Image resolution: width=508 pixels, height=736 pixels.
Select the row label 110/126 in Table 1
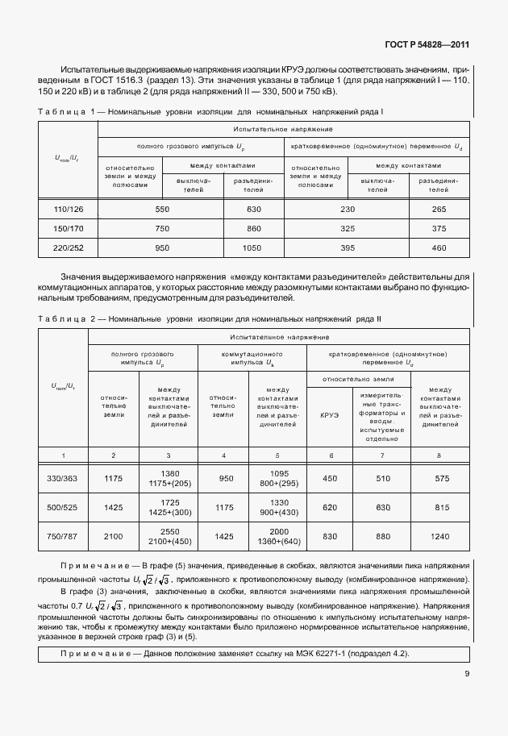coord(69,210)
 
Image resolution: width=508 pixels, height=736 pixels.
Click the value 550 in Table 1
coord(162,210)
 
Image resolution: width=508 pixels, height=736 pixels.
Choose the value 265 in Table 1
coord(439,210)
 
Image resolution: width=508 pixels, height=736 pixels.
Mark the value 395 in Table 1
coord(348,247)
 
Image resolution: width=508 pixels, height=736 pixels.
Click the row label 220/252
coord(69,247)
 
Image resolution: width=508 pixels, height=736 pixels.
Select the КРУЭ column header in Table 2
coord(330,415)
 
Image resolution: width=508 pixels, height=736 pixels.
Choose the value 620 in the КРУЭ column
coord(330,509)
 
